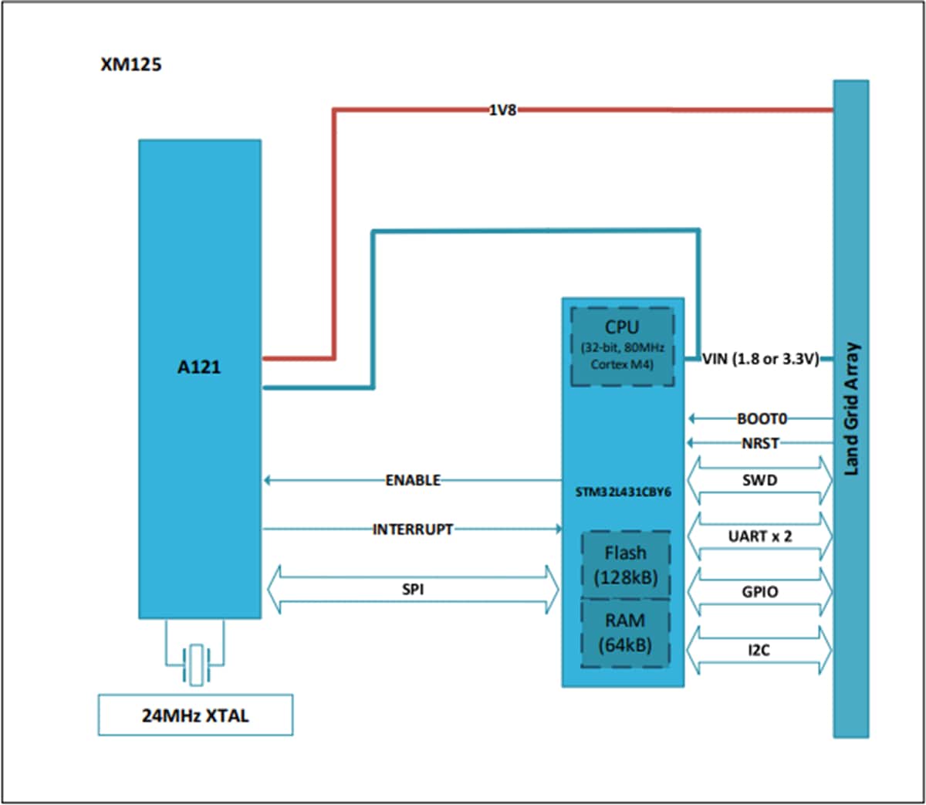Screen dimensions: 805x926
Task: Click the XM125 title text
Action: tap(131, 65)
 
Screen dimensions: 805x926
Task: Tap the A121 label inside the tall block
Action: tap(199, 367)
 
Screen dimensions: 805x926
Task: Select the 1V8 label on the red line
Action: tap(502, 110)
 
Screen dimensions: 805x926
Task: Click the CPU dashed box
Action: tap(622, 347)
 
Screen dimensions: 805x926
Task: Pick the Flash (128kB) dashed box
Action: tap(625, 564)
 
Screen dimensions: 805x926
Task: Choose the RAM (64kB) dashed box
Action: tap(625, 632)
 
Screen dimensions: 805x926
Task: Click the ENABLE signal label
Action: tap(413, 481)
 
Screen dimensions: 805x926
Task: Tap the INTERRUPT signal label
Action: tap(413, 529)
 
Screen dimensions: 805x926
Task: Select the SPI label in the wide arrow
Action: tap(413, 590)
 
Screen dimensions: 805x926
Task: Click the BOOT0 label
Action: tap(761, 419)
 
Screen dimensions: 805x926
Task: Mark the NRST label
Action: tap(760, 444)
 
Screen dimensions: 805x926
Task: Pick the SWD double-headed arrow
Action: tap(760, 480)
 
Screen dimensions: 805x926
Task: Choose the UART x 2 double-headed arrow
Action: tap(760, 536)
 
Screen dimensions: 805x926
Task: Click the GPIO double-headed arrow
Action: tap(760, 592)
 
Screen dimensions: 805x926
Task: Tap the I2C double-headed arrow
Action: tap(760, 651)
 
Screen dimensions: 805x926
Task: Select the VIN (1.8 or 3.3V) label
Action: tap(760, 359)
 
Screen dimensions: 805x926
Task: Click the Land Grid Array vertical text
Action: tap(851, 409)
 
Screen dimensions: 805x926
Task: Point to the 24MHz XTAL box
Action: tap(195, 715)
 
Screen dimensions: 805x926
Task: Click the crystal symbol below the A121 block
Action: tap(196, 665)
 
